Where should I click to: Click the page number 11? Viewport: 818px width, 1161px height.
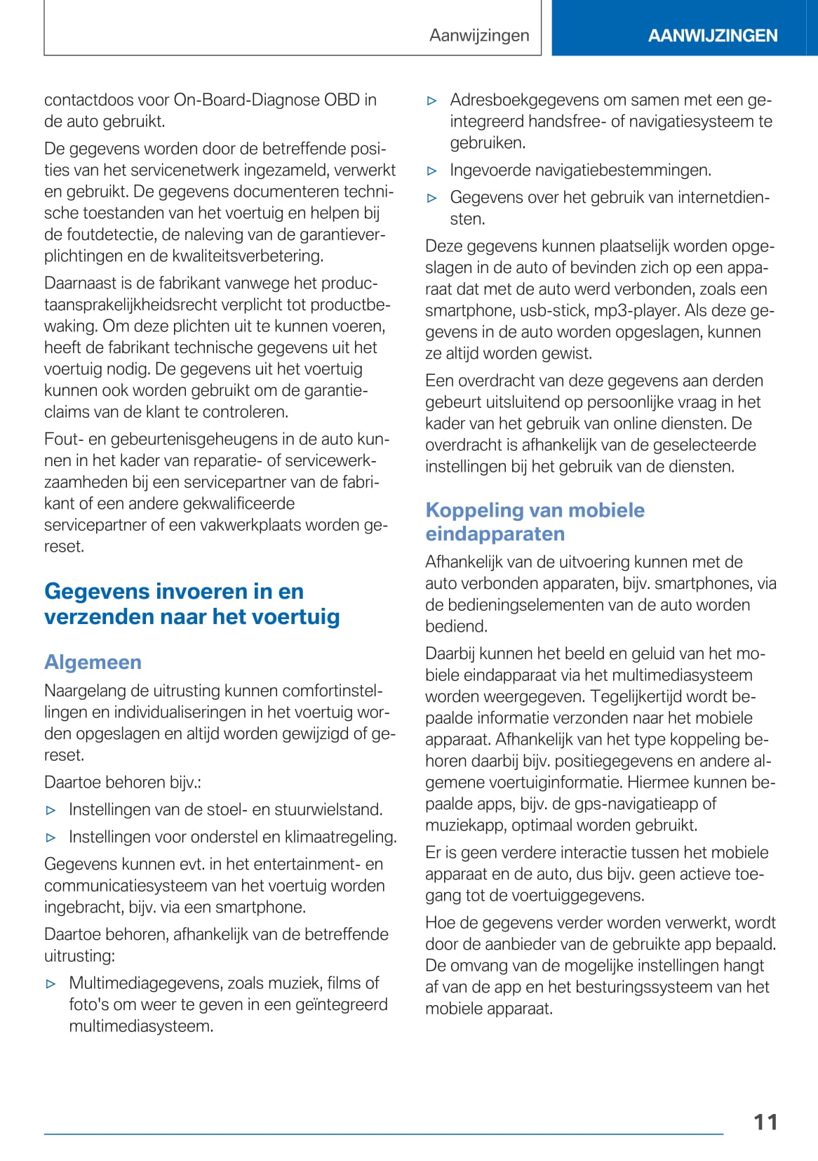point(765,1122)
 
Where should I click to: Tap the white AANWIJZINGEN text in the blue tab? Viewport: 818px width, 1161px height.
point(712,36)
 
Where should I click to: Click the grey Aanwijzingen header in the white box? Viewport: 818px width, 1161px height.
point(479,35)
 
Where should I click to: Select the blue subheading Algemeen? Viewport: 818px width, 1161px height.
point(93,662)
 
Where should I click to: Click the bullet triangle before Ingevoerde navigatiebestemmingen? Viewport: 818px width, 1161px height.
point(432,171)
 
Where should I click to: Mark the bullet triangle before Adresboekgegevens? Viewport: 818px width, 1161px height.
point(432,100)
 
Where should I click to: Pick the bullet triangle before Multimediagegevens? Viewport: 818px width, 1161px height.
point(51,983)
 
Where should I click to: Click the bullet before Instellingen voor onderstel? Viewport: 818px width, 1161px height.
point(51,837)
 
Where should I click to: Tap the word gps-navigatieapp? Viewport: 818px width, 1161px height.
point(638,804)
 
